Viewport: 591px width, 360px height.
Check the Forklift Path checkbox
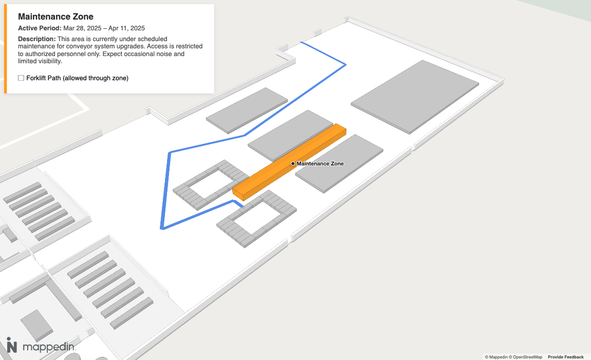click(x=21, y=78)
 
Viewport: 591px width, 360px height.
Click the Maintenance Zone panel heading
click(x=56, y=16)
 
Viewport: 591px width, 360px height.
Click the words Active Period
click(x=40, y=28)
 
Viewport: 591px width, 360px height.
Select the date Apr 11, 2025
click(x=126, y=28)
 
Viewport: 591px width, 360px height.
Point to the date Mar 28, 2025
click(x=83, y=28)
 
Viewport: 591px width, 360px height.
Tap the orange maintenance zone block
click(x=289, y=163)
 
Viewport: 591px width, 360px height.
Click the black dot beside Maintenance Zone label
click(x=293, y=164)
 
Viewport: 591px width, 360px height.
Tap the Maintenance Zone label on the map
click(x=320, y=164)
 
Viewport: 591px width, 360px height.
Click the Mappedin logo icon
click(x=12, y=345)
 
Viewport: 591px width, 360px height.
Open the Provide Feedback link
click(x=566, y=357)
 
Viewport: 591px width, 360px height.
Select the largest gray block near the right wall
click(x=415, y=97)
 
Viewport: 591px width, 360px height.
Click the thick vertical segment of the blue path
click(x=166, y=191)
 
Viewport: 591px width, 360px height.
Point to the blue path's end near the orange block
click(x=243, y=207)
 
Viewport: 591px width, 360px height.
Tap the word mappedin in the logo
click(x=48, y=347)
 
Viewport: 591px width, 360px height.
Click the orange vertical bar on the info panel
click(x=5, y=49)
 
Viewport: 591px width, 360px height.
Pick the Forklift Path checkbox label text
click(x=77, y=78)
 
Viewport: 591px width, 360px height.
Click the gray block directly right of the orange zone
click(x=339, y=164)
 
